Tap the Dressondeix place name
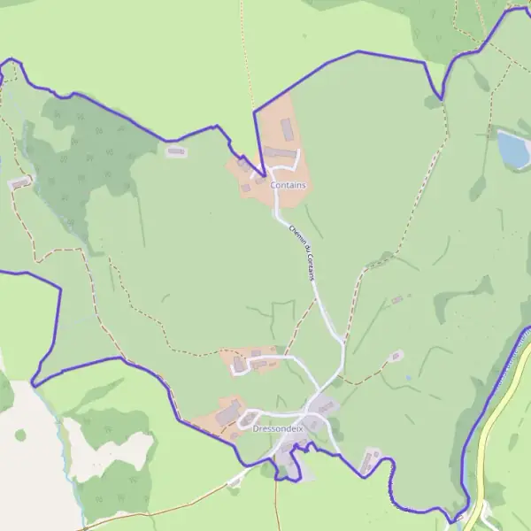coord(278,428)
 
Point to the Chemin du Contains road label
coord(302,251)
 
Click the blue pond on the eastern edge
coord(513,150)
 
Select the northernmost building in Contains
coord(286,130)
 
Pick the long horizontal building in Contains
coord(280,153)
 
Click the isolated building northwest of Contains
coord(177,151)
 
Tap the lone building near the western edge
coord(19,183)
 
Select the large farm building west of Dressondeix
coord(228,412)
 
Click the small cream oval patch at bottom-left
coord(20,435)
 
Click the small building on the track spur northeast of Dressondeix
coord(395,357)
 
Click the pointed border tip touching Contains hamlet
coord(263,174)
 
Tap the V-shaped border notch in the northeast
coord(440,96)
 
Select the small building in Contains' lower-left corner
coord(246,188)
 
